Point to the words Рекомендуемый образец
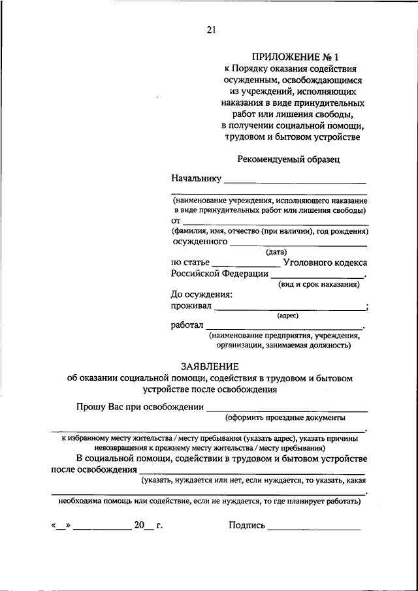coord(288,159)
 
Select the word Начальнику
coord(196,178)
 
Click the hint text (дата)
coord(276,251)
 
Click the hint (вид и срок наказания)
coord(318,285)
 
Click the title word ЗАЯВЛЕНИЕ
coord(210,366)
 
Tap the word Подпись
coord(247,524)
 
